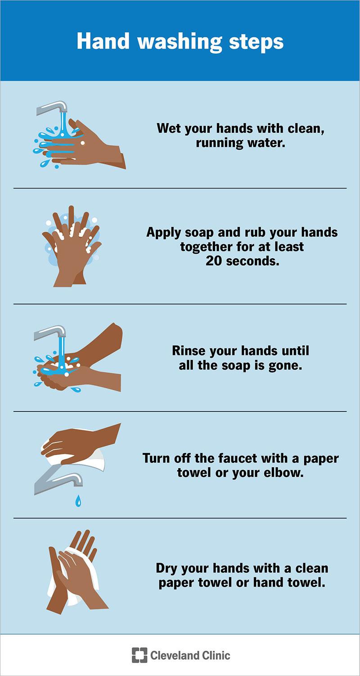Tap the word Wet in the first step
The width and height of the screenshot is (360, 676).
pyautogui.click(x=168, y=128)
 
